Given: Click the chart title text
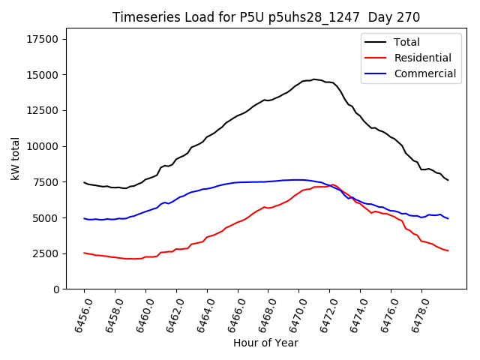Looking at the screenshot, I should (266, 17).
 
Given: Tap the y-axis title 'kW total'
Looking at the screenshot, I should (15, 158).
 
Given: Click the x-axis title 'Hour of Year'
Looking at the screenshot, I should (265, 343).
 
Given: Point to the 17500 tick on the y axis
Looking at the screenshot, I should (43, 39).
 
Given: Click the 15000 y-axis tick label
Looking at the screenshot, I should (43, 75).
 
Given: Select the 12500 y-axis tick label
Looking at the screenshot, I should (43, 110).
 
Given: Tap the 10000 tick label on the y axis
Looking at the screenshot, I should (43, 146).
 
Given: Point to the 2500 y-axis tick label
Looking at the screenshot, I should (46, 253).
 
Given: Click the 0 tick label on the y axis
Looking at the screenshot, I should (55, 289).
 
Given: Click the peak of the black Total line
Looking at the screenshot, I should (314, 79).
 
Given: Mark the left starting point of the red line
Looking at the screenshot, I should (84, 253).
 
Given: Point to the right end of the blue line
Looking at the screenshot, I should (448, 218).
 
